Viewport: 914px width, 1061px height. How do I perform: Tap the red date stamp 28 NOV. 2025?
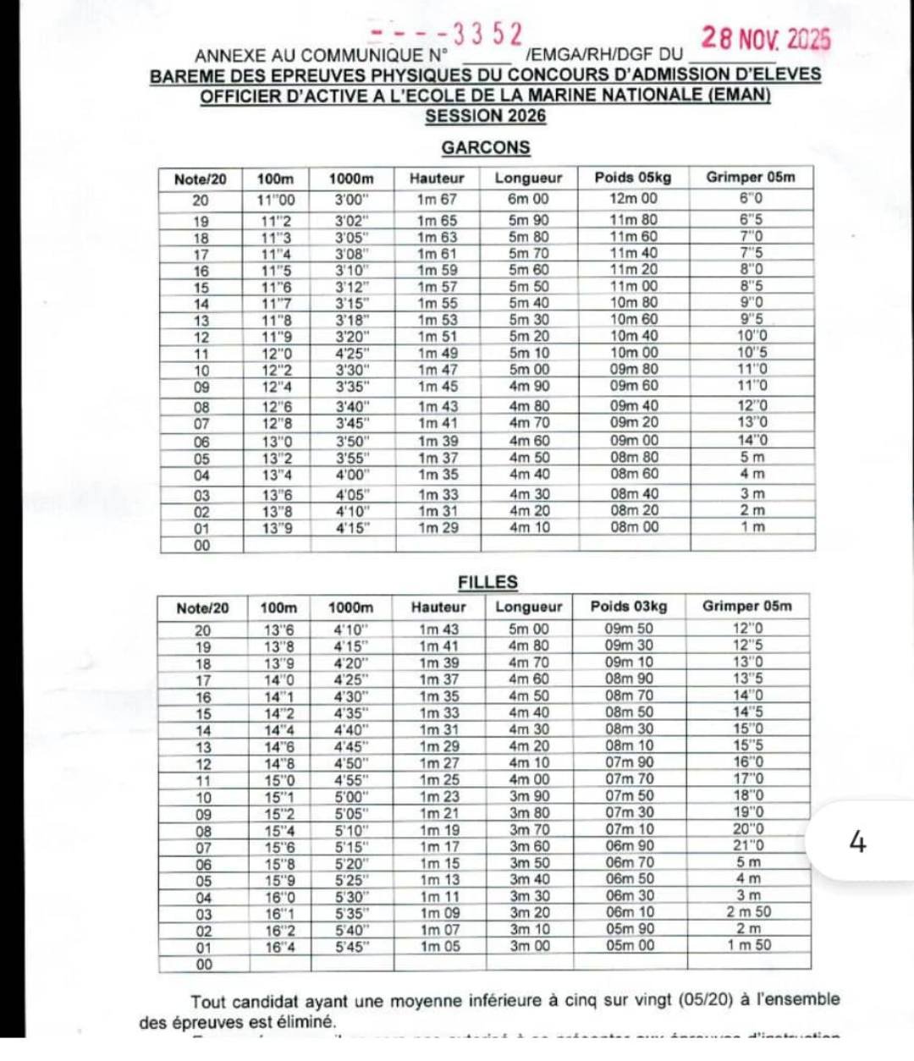(766, 38)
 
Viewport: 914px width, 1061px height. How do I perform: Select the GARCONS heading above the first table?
(486, 147)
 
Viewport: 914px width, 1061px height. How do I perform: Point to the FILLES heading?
(487, 582)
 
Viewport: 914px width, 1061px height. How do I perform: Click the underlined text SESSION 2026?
(485, 117)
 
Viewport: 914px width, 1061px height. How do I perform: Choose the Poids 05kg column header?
(632, 178)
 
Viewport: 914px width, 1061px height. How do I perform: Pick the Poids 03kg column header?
(629, 607)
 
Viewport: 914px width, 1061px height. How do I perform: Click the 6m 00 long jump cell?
(528, 199)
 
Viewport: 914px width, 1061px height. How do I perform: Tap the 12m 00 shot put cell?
(633, 199)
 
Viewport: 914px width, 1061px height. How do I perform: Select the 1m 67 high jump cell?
(437, 200)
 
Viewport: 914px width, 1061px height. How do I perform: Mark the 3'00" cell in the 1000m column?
(351, 201)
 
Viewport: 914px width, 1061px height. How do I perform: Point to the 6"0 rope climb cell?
(751, 199)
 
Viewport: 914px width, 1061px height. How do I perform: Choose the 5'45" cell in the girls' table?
(350, 948)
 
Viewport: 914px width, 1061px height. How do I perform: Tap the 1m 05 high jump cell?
(440, 947)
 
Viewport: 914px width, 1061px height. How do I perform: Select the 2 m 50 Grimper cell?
(749, 912)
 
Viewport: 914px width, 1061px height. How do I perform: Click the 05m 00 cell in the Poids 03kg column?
(630, 946)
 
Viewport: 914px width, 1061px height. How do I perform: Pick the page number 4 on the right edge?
(857, 843)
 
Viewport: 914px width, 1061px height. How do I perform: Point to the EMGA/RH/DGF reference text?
(590, 56)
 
